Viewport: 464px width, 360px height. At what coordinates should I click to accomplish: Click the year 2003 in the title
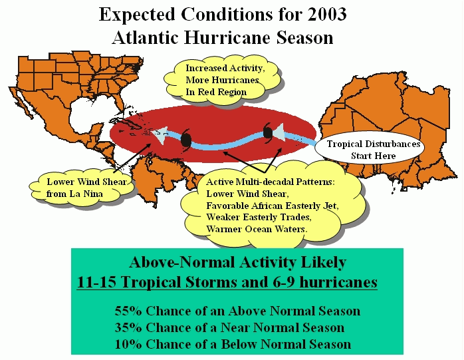(327, 14)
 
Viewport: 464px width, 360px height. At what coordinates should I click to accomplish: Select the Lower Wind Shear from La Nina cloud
(82, 188)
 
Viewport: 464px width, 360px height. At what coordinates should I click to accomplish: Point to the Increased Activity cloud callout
(222, 80)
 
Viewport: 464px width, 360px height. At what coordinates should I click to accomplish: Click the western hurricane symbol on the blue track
(186, 140)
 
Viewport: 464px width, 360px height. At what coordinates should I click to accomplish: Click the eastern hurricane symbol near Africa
(267, 132)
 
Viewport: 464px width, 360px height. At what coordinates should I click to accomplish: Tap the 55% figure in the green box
(128, 311)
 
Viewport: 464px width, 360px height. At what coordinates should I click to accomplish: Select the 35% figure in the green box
(128, 327)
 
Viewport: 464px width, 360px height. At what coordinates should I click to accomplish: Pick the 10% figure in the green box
(128, 344)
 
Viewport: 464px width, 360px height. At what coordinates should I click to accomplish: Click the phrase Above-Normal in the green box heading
(182, 262)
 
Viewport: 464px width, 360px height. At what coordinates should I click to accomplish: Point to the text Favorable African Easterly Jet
(273, 206)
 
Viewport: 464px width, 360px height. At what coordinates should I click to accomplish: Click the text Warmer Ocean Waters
(257, 229)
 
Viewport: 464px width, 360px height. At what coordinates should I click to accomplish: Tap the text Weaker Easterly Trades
(259, 217)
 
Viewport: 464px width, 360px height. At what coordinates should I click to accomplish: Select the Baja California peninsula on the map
(21, 103)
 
